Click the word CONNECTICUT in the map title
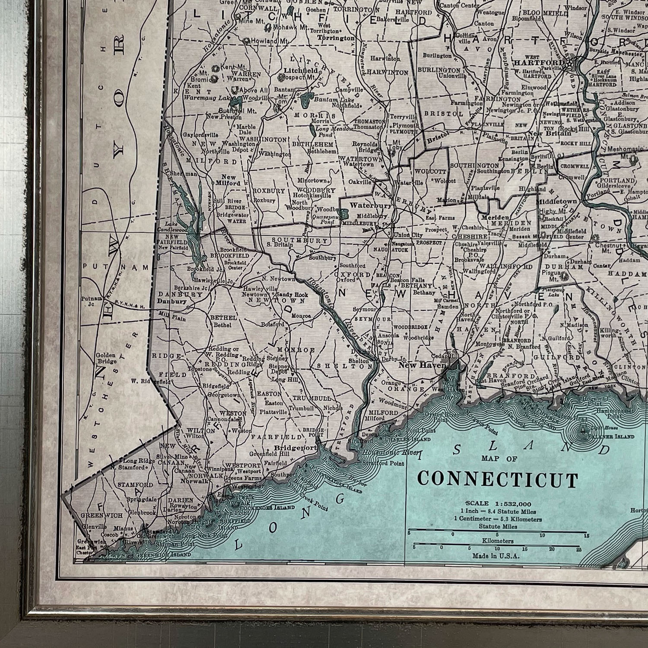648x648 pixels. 498,480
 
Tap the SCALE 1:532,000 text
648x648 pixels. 499,503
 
